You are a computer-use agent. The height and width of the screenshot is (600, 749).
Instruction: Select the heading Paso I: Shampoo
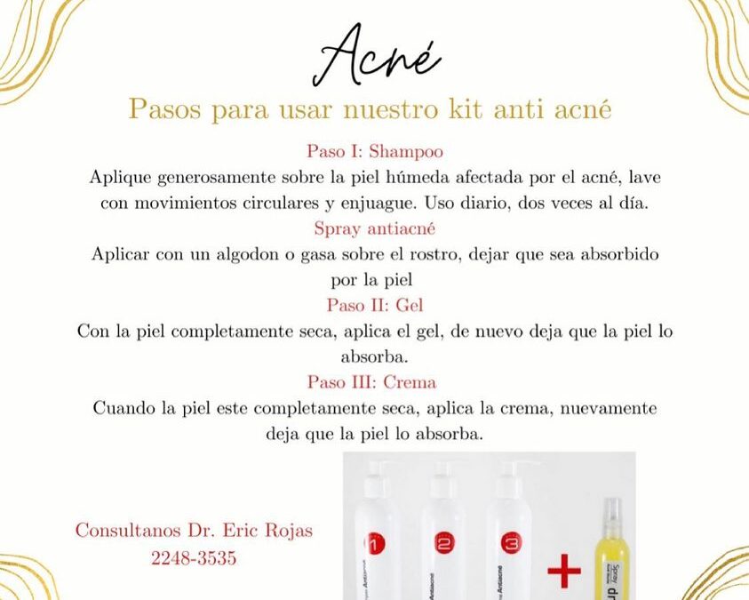click(375, 151)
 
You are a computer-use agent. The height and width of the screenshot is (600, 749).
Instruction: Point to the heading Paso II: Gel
click(375, 305)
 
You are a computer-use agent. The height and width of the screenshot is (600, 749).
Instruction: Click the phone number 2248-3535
click(193, 560)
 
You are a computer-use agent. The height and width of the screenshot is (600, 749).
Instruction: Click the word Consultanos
click(124, 531)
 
